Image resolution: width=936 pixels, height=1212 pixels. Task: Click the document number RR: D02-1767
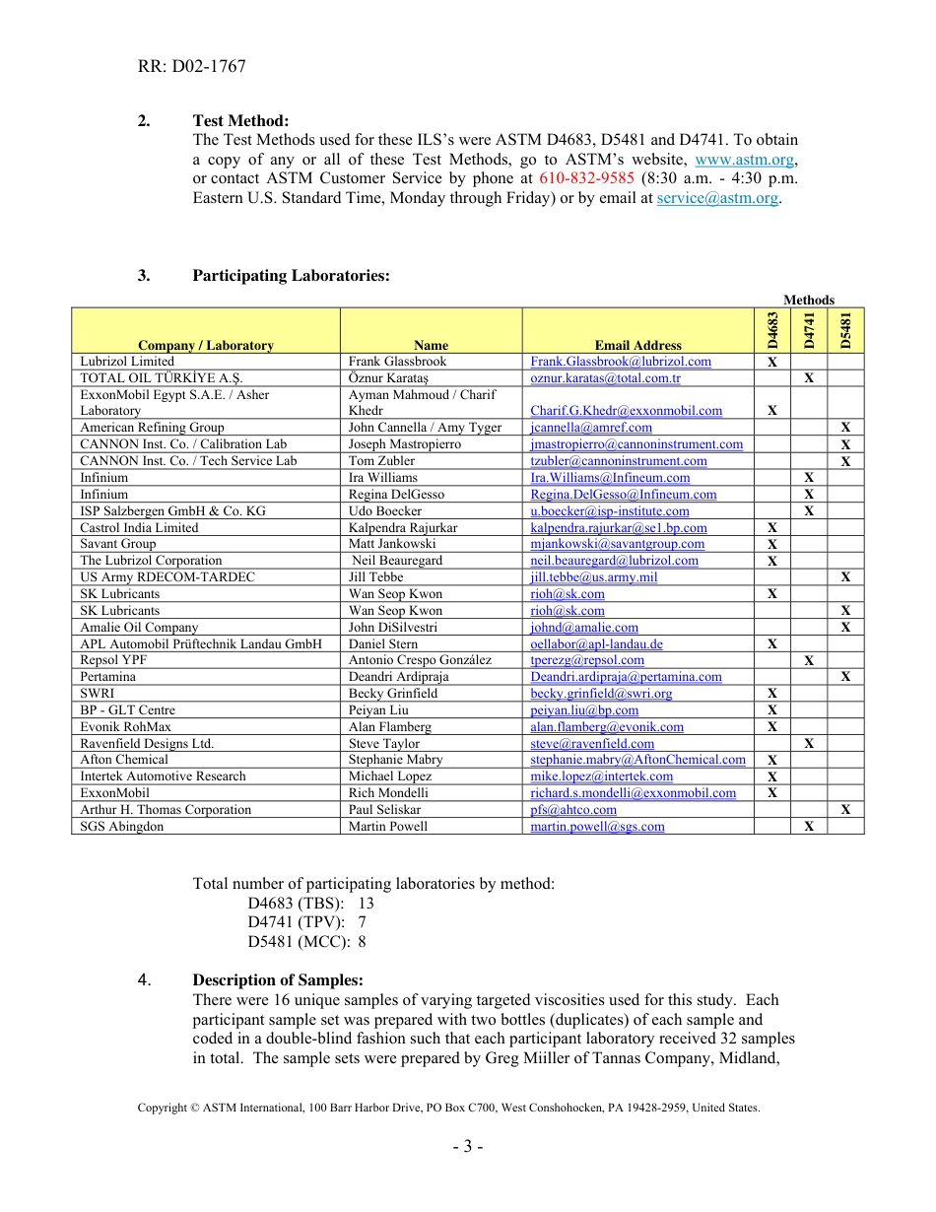[x=191, y=67]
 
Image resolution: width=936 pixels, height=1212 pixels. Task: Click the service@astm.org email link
[x=717, y=197]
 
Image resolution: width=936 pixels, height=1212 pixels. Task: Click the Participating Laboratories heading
[x=291, y=276]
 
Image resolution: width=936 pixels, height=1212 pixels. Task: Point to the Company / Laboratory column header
[x=206, y=345]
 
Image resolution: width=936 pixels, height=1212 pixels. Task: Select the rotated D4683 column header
[x=772, y=330]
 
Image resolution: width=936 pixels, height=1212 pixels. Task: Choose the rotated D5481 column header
[x=845, y=330]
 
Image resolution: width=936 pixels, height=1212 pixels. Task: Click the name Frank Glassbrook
[x=397, y=362]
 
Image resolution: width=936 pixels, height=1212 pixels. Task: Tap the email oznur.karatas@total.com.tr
[x=605, y=378]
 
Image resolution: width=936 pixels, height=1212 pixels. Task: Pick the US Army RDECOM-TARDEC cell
[x=167, y=577]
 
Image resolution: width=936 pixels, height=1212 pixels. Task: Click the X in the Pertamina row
[x=845, y=677]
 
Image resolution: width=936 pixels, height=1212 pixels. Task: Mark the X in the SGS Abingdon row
[x=809, y=827]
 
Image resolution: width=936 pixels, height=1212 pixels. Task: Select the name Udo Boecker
[x=384, y=511]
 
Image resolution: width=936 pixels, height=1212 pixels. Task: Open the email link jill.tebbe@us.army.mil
[x=593, y=577]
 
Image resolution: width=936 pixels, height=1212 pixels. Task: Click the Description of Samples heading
[x=278, y=980]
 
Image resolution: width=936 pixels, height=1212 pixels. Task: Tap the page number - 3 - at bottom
[x=467, y=1147]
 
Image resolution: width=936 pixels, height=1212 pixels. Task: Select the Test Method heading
[x=240, y=121]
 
